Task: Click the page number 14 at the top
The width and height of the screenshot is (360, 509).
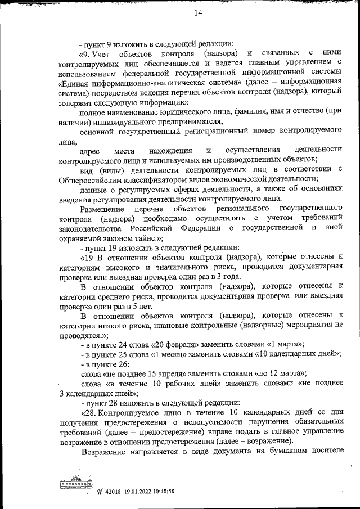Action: [182, 13]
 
